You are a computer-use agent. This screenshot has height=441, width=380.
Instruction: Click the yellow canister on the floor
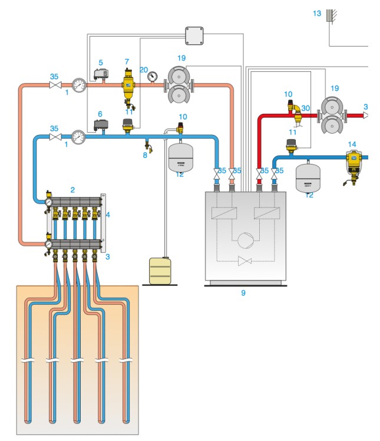pyautogui.click(x=159, y=271)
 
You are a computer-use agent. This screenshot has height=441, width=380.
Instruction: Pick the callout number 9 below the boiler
pyautogui.click(x=243, y=292)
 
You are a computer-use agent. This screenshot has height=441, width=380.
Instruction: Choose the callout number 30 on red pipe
pyautogui.click(x=305, y=108)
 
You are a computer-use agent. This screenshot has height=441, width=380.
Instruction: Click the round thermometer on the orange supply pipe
pyautogui.click(x=79, y=84)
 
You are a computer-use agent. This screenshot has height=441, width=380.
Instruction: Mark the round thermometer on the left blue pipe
pyautogui.click(x=79, y=137)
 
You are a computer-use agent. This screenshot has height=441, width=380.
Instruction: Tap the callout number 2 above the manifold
pyautogui.click(x=72, y=190)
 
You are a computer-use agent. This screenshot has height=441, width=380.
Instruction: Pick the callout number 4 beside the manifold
pyautogui.click(x=108, y=215)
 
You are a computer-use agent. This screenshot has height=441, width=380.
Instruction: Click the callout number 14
pyautogui.click(x=352, y=143)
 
